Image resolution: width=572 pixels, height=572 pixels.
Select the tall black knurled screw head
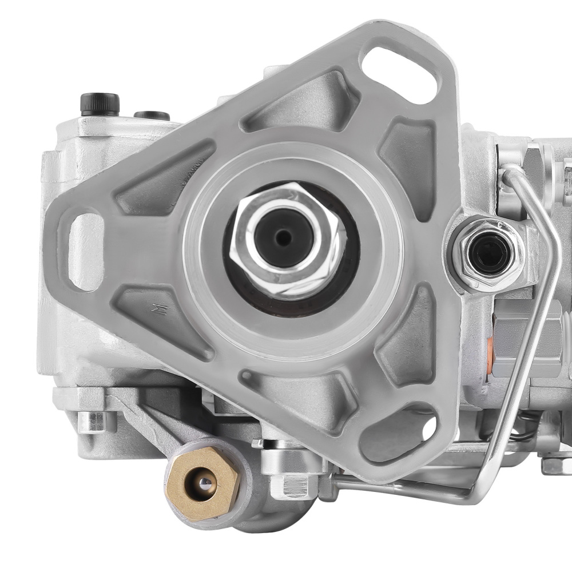pos(100,104)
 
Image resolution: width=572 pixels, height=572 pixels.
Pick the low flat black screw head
pos(152,115)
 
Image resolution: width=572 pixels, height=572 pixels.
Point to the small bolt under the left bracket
pos(92,421)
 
